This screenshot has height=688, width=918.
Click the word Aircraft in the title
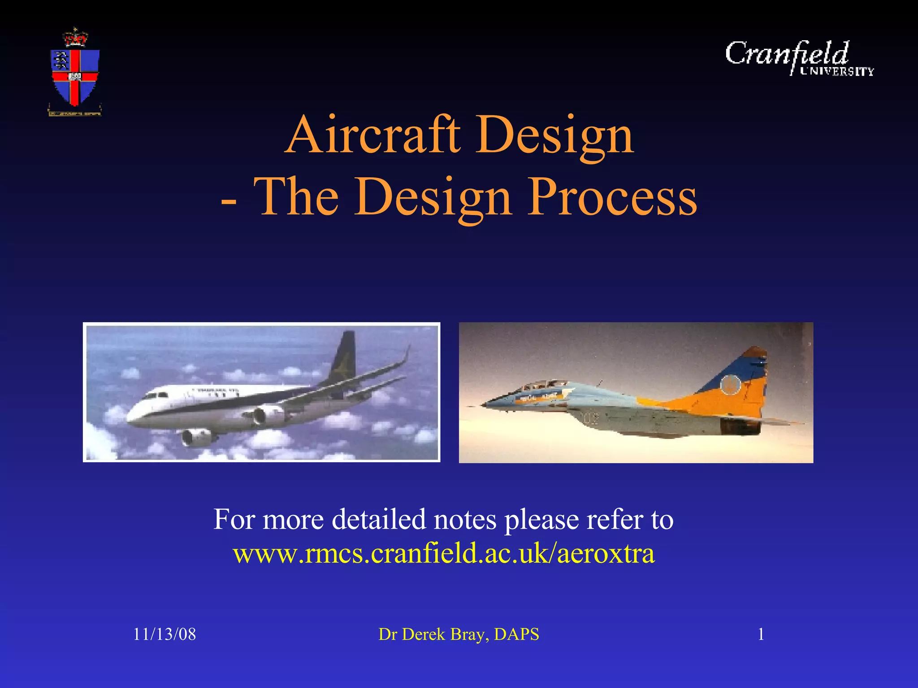point(373,134)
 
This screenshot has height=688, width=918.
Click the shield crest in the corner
point(75,76)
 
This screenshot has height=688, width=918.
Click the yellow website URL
point(444,554)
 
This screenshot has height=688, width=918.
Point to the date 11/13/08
point(165,634)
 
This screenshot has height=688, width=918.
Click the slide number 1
point(761,634)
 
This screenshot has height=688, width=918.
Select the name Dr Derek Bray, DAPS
point(459,634)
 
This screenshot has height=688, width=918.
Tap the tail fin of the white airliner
point(343,358)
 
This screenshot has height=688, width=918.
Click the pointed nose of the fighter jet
point(484,405)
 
